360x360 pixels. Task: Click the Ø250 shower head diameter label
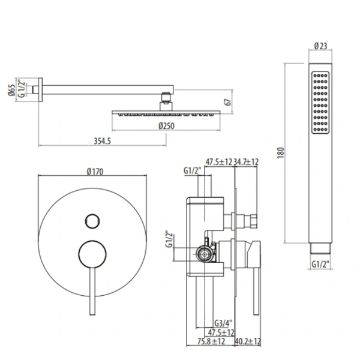166,125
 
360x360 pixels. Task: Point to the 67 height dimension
227,103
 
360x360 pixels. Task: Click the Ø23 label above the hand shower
321,46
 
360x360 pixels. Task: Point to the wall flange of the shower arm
41,90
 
